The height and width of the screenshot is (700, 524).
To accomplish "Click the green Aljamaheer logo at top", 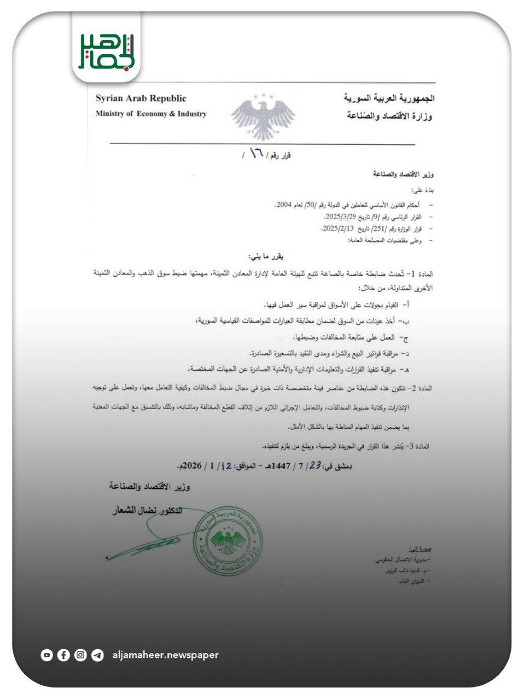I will click(x=106, y=51).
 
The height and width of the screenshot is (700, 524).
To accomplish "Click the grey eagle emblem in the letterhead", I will click(x=263, y=117).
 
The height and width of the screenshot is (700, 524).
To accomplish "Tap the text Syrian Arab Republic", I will click(x=141, y=98).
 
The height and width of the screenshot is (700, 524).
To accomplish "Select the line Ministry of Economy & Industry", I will click(x=151, y=114).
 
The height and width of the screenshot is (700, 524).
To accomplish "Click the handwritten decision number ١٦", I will click(x=255, y=154).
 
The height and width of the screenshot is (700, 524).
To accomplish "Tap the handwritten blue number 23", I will click(x=315, y=465).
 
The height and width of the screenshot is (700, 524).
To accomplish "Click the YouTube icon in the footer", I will click(x=46, y=655).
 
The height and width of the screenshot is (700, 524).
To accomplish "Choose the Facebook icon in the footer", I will click(x=63, y=655).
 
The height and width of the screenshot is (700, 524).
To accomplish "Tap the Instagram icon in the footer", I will click(x=80, y=655).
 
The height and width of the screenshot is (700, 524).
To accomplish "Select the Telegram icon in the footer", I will click(x=97, y=655).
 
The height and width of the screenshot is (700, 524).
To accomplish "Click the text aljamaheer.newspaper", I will click(x=165, y=655).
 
